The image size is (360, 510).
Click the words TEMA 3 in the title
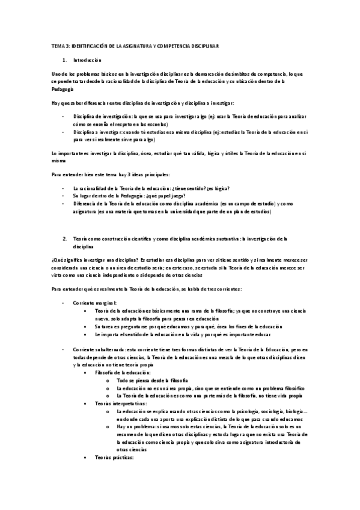tap(58, 46)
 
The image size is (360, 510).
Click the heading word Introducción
tap(88, 60)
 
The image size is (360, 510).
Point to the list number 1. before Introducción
tap(65, 60)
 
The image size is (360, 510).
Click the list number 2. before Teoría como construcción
tap(65, 238)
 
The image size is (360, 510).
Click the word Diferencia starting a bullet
tap(85, 204)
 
